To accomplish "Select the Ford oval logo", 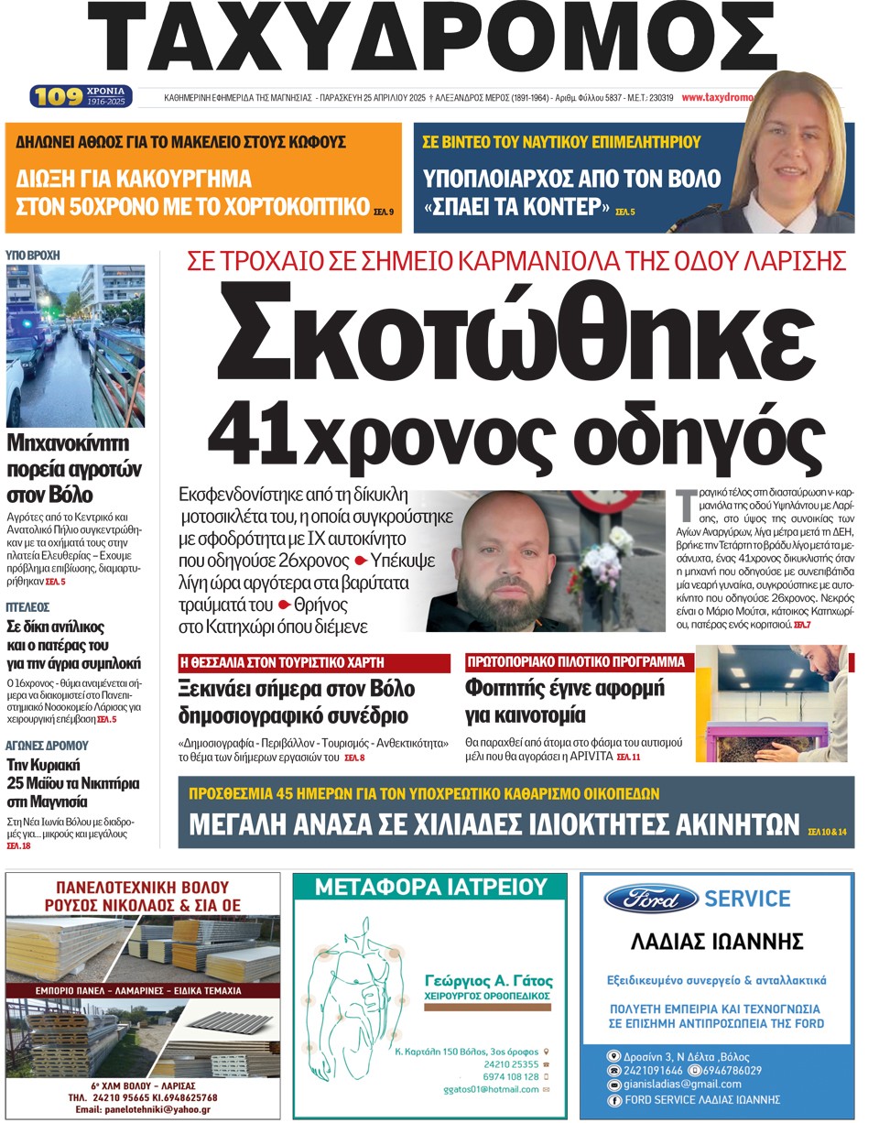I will click(x=651, y=899).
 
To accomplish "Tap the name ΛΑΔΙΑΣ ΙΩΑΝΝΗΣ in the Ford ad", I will click(x=718, y=942).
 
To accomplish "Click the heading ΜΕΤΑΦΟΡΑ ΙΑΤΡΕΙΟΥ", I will click(x=429, y=886).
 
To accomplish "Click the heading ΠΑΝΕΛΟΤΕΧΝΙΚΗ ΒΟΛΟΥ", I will click(x=143, y=887).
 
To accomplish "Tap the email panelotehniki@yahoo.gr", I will click(x=143, y=1109).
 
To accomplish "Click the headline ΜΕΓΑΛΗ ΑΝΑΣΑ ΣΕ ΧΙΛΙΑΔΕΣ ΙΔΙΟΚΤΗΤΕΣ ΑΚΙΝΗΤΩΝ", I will click(x=494, y=824).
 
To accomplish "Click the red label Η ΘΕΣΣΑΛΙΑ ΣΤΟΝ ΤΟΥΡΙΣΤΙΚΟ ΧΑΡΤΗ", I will click(x=313, y=661).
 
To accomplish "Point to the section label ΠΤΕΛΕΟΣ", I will click(x=27, y=606).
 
